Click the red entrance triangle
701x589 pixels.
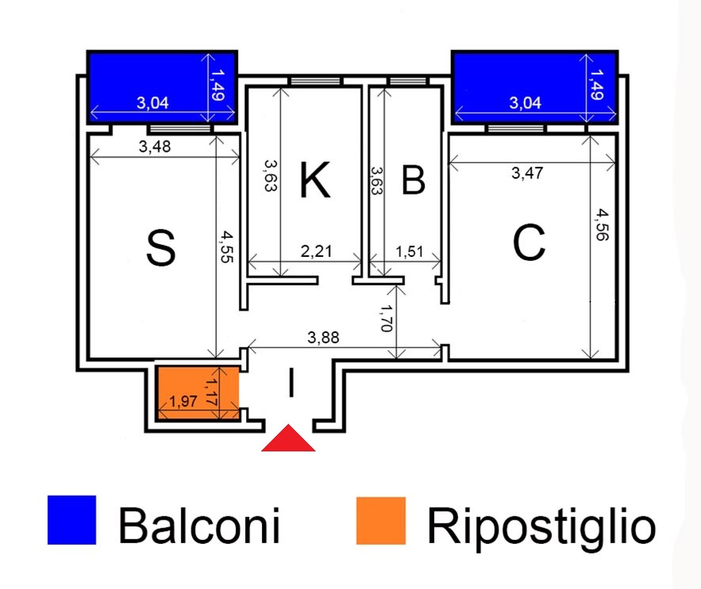click(x=289, y=441)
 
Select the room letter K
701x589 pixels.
click(x=314, y=180)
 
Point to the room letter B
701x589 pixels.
click(x=413, y=180)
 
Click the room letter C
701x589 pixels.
click(x=529, y=243)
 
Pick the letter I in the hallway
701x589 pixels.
click(x=291, y=384)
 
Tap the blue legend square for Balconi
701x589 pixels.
click(x=71, y=520)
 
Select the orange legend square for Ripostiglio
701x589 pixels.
click(x=381, y=520)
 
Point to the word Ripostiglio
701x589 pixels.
click(x=541, y=525)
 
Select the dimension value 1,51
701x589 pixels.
click(x=410, y=252)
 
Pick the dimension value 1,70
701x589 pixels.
click(x=387, y=318)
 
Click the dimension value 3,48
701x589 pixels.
click(x=155, y=146)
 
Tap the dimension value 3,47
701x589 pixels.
click(x=528, y=174)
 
